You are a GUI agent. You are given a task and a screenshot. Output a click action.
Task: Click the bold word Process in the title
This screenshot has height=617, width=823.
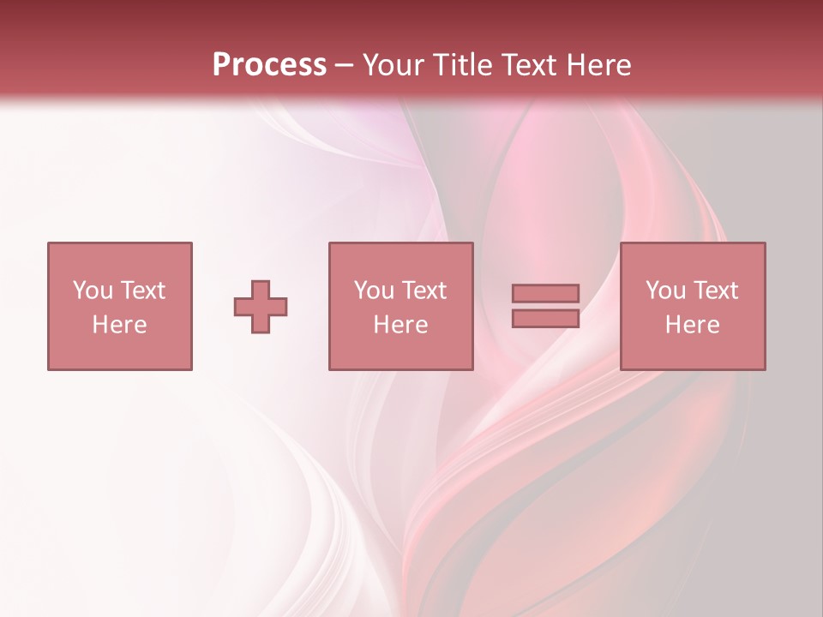(269, 65)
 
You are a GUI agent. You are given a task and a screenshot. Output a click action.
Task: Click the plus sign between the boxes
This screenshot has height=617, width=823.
(261, 307)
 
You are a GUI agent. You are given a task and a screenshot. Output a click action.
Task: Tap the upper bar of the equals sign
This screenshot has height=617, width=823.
(545, 293)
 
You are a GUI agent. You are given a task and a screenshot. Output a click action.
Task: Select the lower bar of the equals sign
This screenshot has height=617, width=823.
(545, 319)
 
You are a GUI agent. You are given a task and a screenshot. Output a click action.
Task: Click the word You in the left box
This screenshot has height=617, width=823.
(92, 291)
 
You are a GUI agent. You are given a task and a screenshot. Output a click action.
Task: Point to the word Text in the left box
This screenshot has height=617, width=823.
(141, 291)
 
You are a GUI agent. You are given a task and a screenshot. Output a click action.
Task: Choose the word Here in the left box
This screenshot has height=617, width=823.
(119, 325)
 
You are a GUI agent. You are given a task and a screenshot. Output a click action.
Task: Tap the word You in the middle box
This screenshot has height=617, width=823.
(374, 291)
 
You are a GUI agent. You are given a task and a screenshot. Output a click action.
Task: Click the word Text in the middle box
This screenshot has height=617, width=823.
(424, 291)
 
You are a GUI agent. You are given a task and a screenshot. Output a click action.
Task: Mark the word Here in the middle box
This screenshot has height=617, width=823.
(400, 325)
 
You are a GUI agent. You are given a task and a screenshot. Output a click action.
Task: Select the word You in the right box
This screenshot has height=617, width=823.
(665, 291)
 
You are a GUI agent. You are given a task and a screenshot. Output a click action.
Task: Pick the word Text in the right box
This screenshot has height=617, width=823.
(715, 291)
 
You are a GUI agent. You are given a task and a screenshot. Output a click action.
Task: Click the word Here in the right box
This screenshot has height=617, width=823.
(692, 325)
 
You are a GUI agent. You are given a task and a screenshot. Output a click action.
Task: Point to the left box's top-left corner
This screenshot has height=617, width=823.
(48, 243)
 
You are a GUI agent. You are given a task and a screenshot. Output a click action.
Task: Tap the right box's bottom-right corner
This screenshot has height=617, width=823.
(765, 369)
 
